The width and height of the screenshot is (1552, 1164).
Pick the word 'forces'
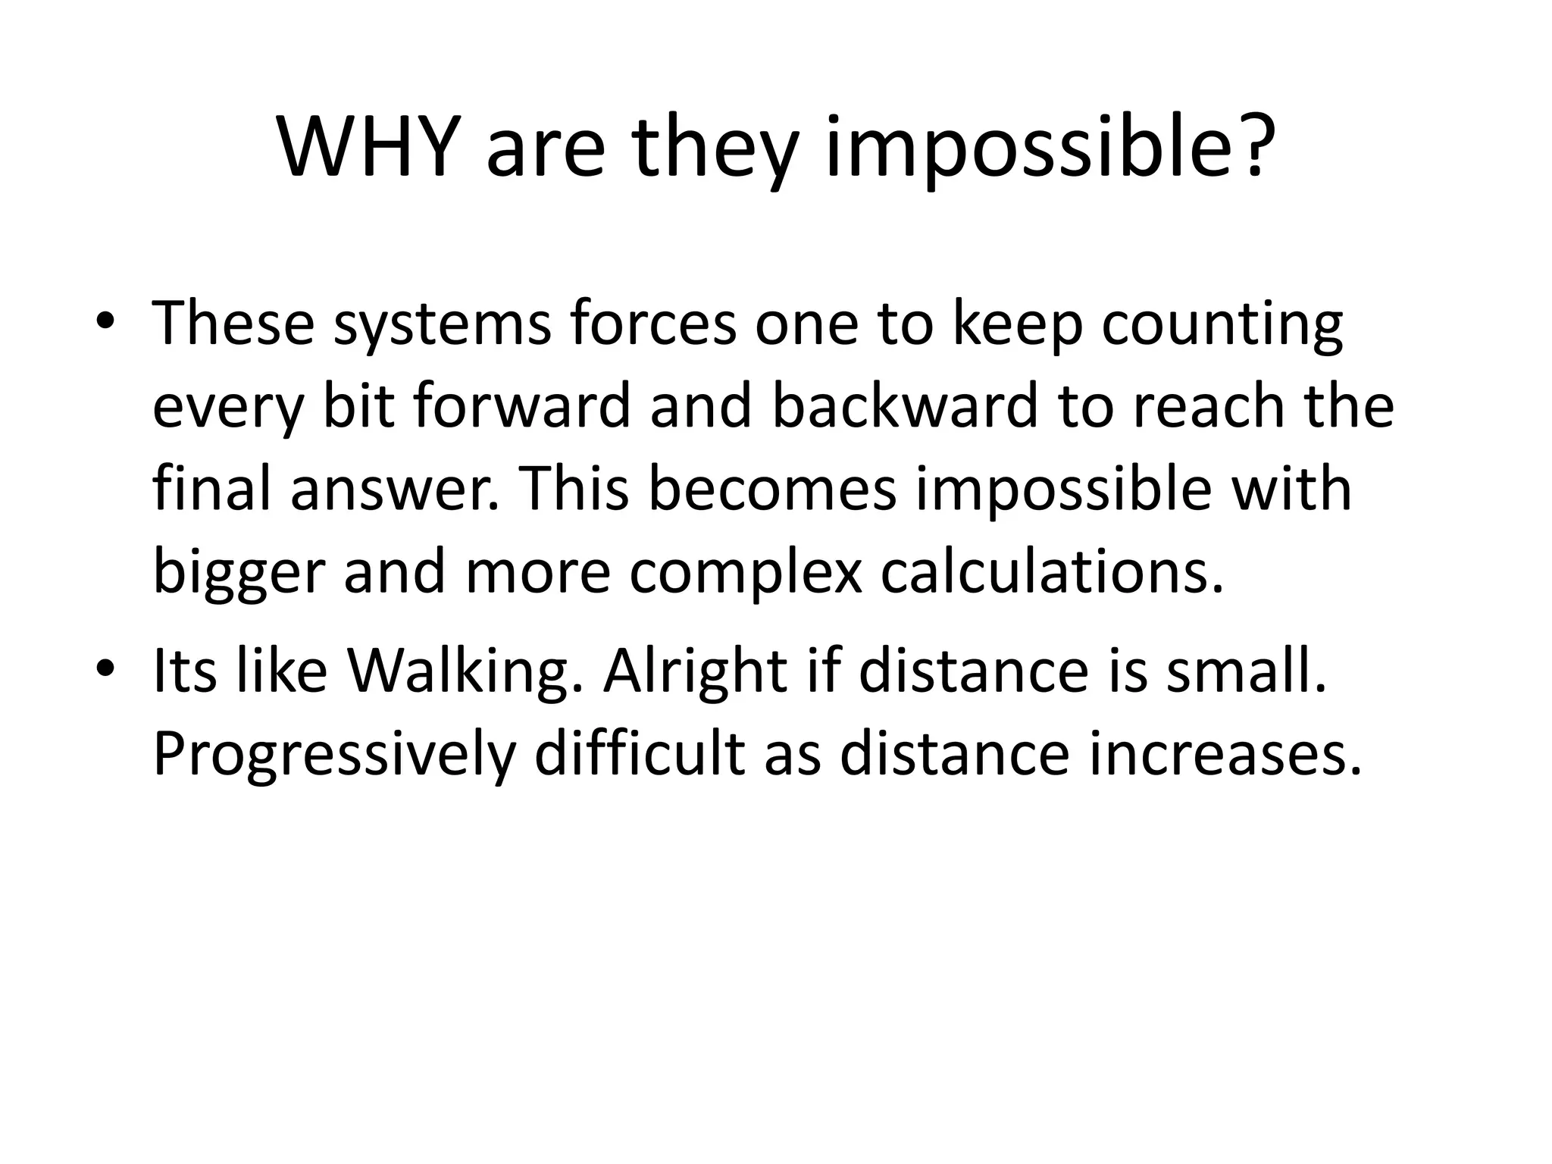click(652, 322)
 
